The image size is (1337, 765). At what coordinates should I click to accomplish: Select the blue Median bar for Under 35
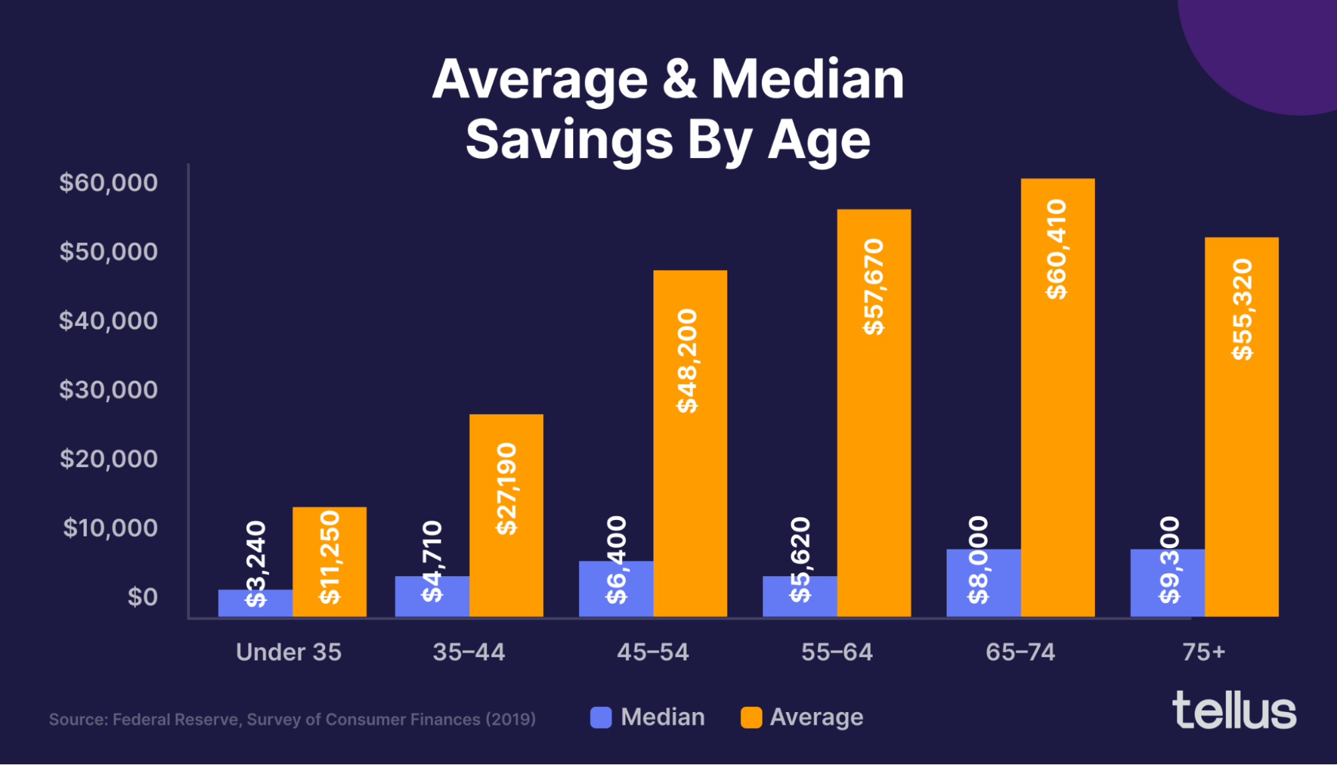(255, 604)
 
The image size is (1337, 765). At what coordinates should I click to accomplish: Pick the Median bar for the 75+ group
(1167, 582)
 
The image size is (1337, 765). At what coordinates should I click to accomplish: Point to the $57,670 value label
(873, 286)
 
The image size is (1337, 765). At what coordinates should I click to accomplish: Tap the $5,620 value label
(800, 560)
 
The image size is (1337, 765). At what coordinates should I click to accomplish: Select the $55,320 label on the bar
(1242, 309)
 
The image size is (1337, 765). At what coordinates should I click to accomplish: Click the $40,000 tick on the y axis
(108, 321)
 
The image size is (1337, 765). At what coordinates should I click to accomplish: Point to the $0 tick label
(142, 597)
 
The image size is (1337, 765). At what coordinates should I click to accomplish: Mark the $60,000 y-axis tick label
(108, 183)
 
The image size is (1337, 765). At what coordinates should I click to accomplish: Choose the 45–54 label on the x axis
(652, 652)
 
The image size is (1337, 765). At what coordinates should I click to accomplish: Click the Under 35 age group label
(288, 652)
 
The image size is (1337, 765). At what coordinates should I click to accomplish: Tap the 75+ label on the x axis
(1203, 652)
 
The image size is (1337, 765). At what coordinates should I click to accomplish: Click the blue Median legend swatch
(601, 717)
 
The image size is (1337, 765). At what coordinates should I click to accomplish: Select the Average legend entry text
(816, 717)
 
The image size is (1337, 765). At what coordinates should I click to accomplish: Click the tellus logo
(1234, 711)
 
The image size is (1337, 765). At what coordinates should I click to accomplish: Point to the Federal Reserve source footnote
(292, 719)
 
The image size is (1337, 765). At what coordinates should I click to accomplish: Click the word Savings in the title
(569, 140)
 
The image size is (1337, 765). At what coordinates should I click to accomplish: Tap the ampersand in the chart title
(679, 80)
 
